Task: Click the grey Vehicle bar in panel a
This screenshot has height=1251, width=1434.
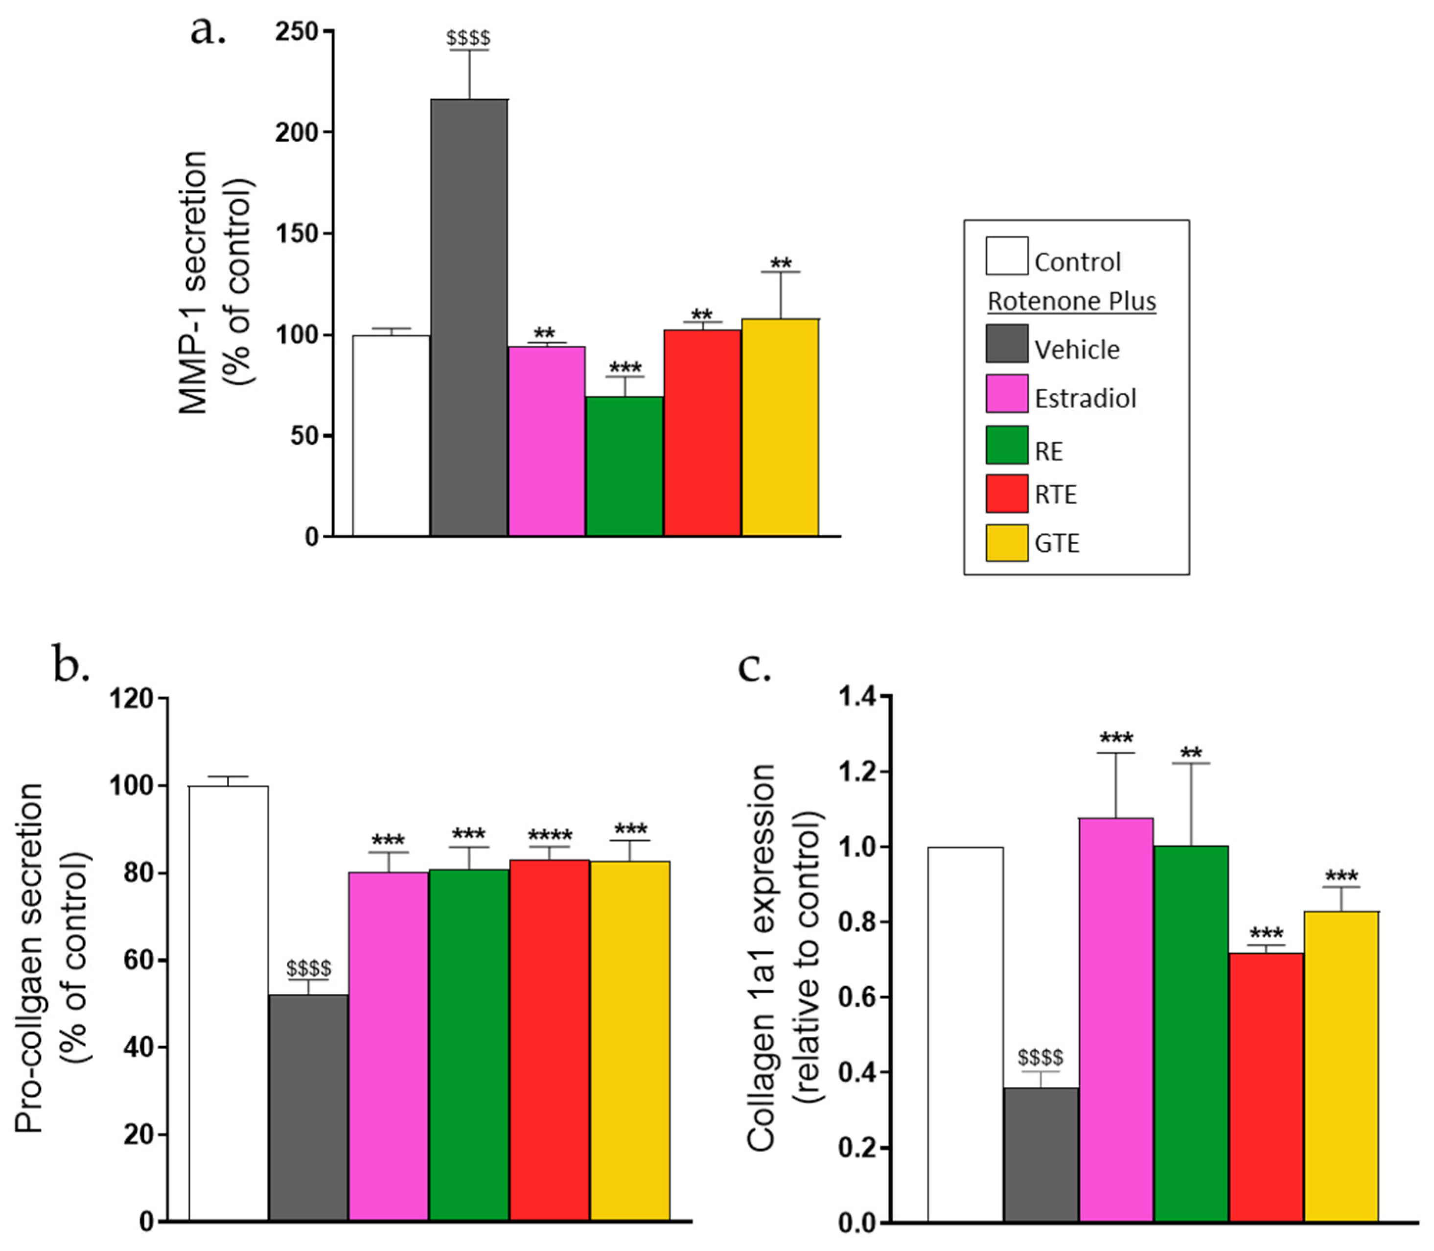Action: (x=468, y=318)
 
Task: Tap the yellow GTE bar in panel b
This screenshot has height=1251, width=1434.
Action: (x=629, y=1040)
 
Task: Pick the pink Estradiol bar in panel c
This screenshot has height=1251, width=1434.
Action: (x=1116, y=1019)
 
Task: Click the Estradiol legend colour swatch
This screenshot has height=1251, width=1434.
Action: (x=1006, y=394)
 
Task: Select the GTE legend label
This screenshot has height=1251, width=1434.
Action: (x=1057, y=543)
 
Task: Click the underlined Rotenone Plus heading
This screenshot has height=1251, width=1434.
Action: (x=1071, y=302)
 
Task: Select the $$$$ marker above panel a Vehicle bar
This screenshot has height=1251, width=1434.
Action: (x=468, y=38)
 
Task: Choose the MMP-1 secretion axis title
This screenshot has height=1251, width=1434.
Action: (x=193, y=282)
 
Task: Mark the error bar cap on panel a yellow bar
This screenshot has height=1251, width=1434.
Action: (x=780, y=272)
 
